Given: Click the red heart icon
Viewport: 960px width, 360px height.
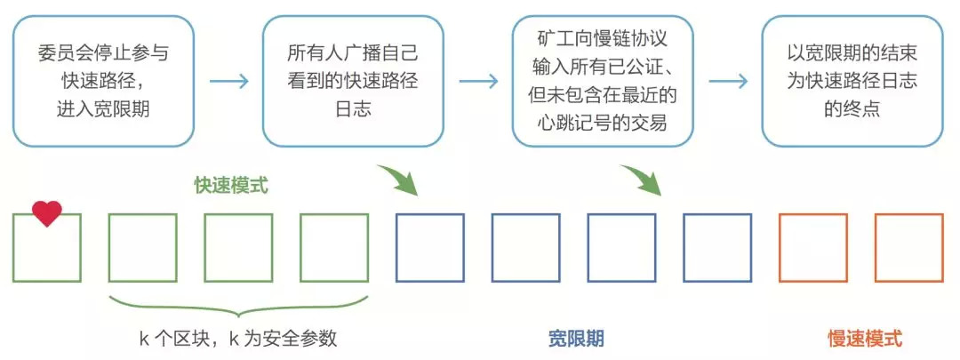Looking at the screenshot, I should [x=47, y=213].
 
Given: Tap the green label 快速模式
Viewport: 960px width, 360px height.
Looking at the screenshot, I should [x=231, y=186].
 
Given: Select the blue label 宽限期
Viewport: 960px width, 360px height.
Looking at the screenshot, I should [x=576, y=339].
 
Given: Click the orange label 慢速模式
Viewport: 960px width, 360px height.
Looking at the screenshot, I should [x=865, y=339].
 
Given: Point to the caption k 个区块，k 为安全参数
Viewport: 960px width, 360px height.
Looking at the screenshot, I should [x=238, y=339].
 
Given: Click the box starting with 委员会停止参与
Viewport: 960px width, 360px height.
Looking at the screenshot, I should [x=103, y=81].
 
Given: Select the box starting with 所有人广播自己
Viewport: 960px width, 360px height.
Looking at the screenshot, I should [x=353, y=81].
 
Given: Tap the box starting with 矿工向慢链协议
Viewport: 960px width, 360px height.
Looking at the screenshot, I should [x=603, y=81].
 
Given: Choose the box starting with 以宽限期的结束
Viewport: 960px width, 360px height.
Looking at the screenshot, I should [x=852, y=81].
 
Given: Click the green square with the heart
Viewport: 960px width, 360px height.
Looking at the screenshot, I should [x=47, y=248].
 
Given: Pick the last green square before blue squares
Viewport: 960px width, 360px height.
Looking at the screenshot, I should [x=334, y=248].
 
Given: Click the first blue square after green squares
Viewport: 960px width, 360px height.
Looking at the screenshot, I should [x=430, y=248].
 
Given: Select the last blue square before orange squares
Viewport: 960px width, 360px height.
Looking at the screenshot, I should [x=717, y=248].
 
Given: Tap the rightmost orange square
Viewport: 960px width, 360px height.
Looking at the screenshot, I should [x=908, y=248].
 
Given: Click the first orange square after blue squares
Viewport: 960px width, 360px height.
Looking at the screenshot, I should [x=812, y=248].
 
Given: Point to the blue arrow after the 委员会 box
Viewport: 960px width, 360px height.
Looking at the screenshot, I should [x=228, y=82].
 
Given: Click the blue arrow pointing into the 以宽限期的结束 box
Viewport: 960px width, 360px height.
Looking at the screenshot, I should [x=728, y=82].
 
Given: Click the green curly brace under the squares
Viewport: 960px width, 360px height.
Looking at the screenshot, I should [x=238, y=308].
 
